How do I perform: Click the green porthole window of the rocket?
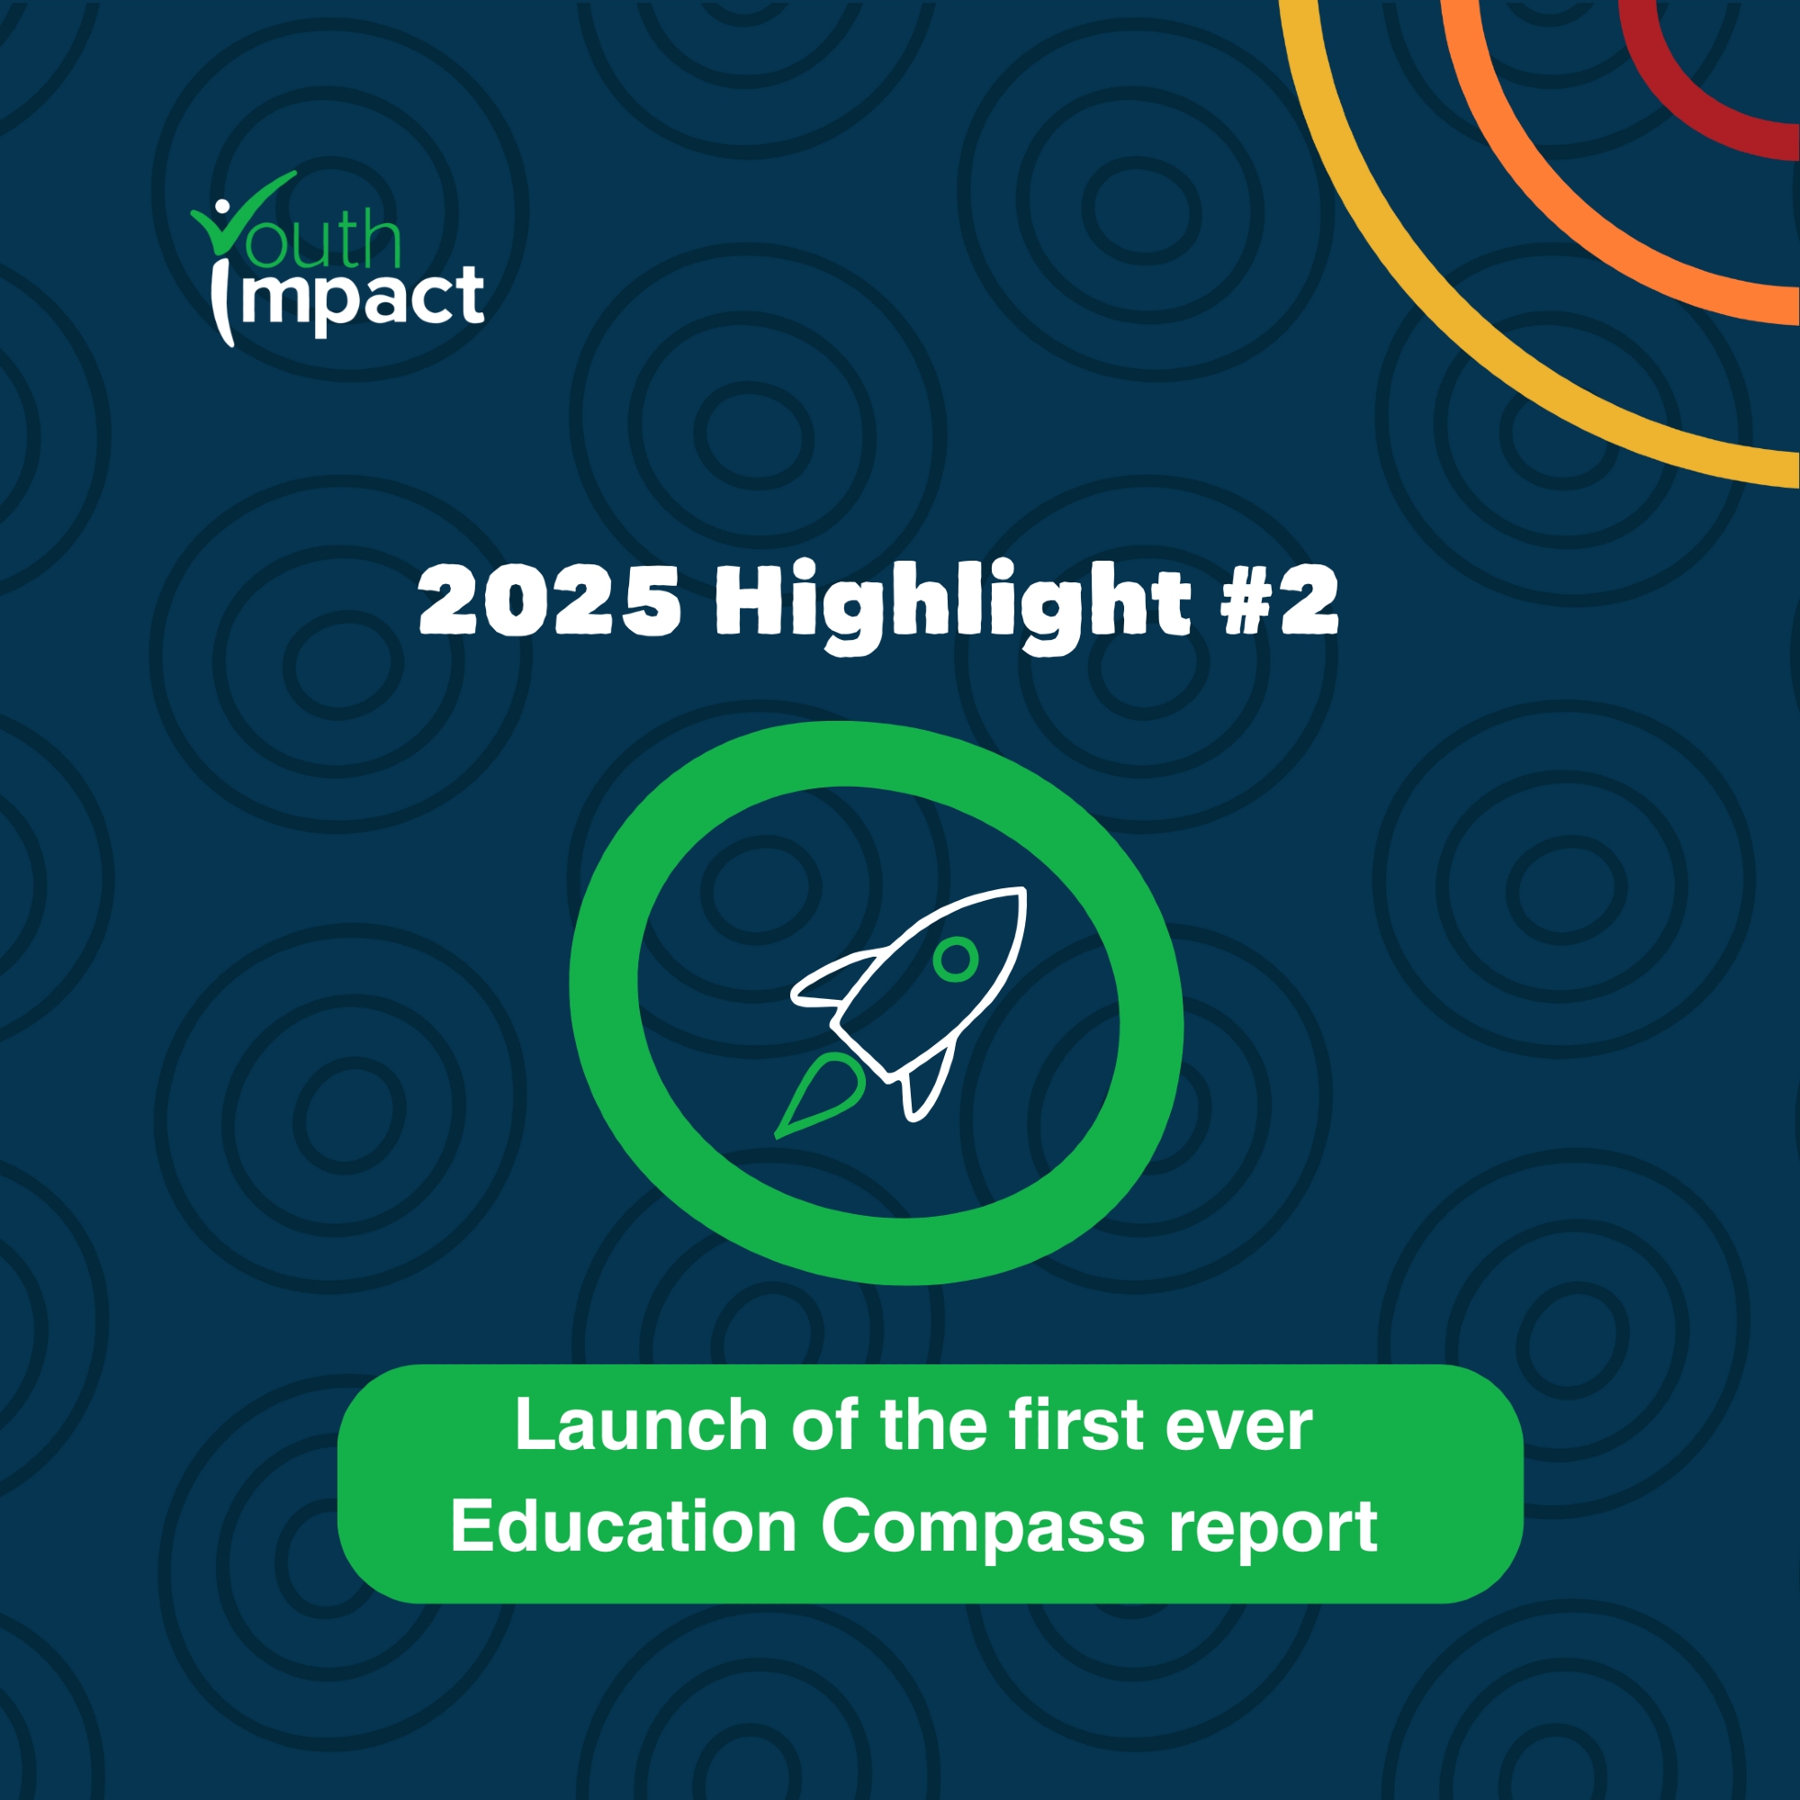click(956, 958)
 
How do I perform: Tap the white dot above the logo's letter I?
click(221, 209)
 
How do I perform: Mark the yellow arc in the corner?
click(1453, 308)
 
